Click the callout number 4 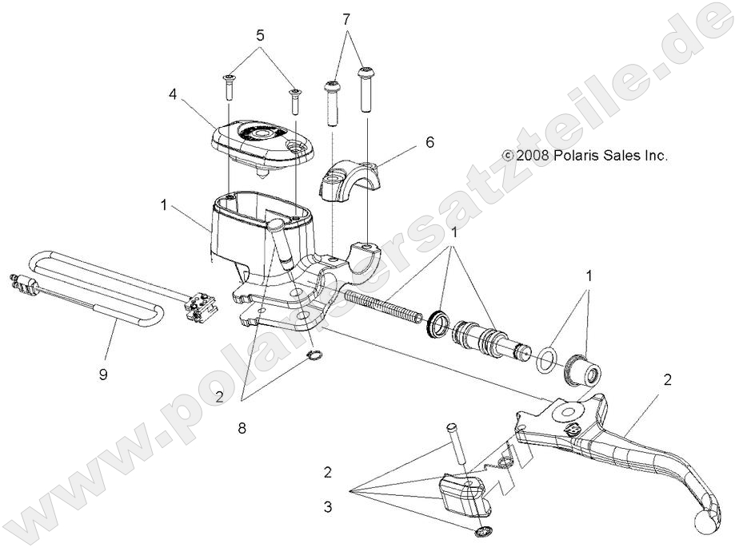pos(173,93)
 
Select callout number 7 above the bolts pos(346,18)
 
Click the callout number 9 pos(102,373)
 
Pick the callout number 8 pos(242,428)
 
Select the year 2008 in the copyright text pos(533,157)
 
